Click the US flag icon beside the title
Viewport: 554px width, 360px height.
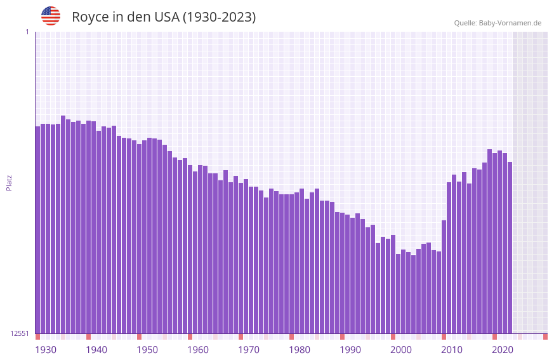pyautogui.click(x=51, y=16)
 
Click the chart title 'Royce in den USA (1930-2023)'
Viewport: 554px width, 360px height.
pyautogui.click(x=164, y=17)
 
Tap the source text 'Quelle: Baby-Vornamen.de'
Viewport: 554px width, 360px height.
pyautogui.click(x=498, y=23)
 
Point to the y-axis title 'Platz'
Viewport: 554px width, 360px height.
pyautogui.click(x=9, y=182)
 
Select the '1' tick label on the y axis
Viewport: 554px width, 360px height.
pyautogui.click(x=27, y=32)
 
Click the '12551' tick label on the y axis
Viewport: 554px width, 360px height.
pyautogui.click(x=20, y=333)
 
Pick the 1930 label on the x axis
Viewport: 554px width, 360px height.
pyautogui.click(x=46, y=350)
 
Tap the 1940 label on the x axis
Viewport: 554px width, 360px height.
pyautogui.click(x=96, y=350)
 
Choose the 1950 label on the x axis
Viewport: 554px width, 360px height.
pyautogui.click(x=147, y=350)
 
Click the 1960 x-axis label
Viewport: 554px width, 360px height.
pyautogui.click(x=198, y=350)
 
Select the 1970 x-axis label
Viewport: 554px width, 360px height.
pyautogui.click(x=249, y=350)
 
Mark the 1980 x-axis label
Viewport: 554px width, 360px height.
pyautogui.click(x=300, y=350)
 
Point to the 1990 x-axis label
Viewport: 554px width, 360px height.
pyautogui.click(x=350, y=350)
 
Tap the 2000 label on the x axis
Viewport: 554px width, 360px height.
pyautogui.click(x=401, y=350)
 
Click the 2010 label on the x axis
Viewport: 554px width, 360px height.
pyautogui.click(x=452, y=350)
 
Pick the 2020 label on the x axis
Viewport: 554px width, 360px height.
pyautogui.click(x=503, y=350)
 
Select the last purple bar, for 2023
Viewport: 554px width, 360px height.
pyautogui.click(x=510, y=248)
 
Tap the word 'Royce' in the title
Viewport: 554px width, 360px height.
pyautogui.click(x=91, y=17)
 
